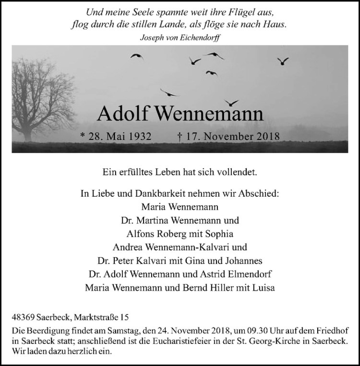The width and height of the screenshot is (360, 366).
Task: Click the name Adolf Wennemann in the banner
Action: [x=180, y=114]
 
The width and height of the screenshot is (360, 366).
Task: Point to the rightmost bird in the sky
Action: [x=283, y=61]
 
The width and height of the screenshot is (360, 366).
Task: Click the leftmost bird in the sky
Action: [x=136, y=56]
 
